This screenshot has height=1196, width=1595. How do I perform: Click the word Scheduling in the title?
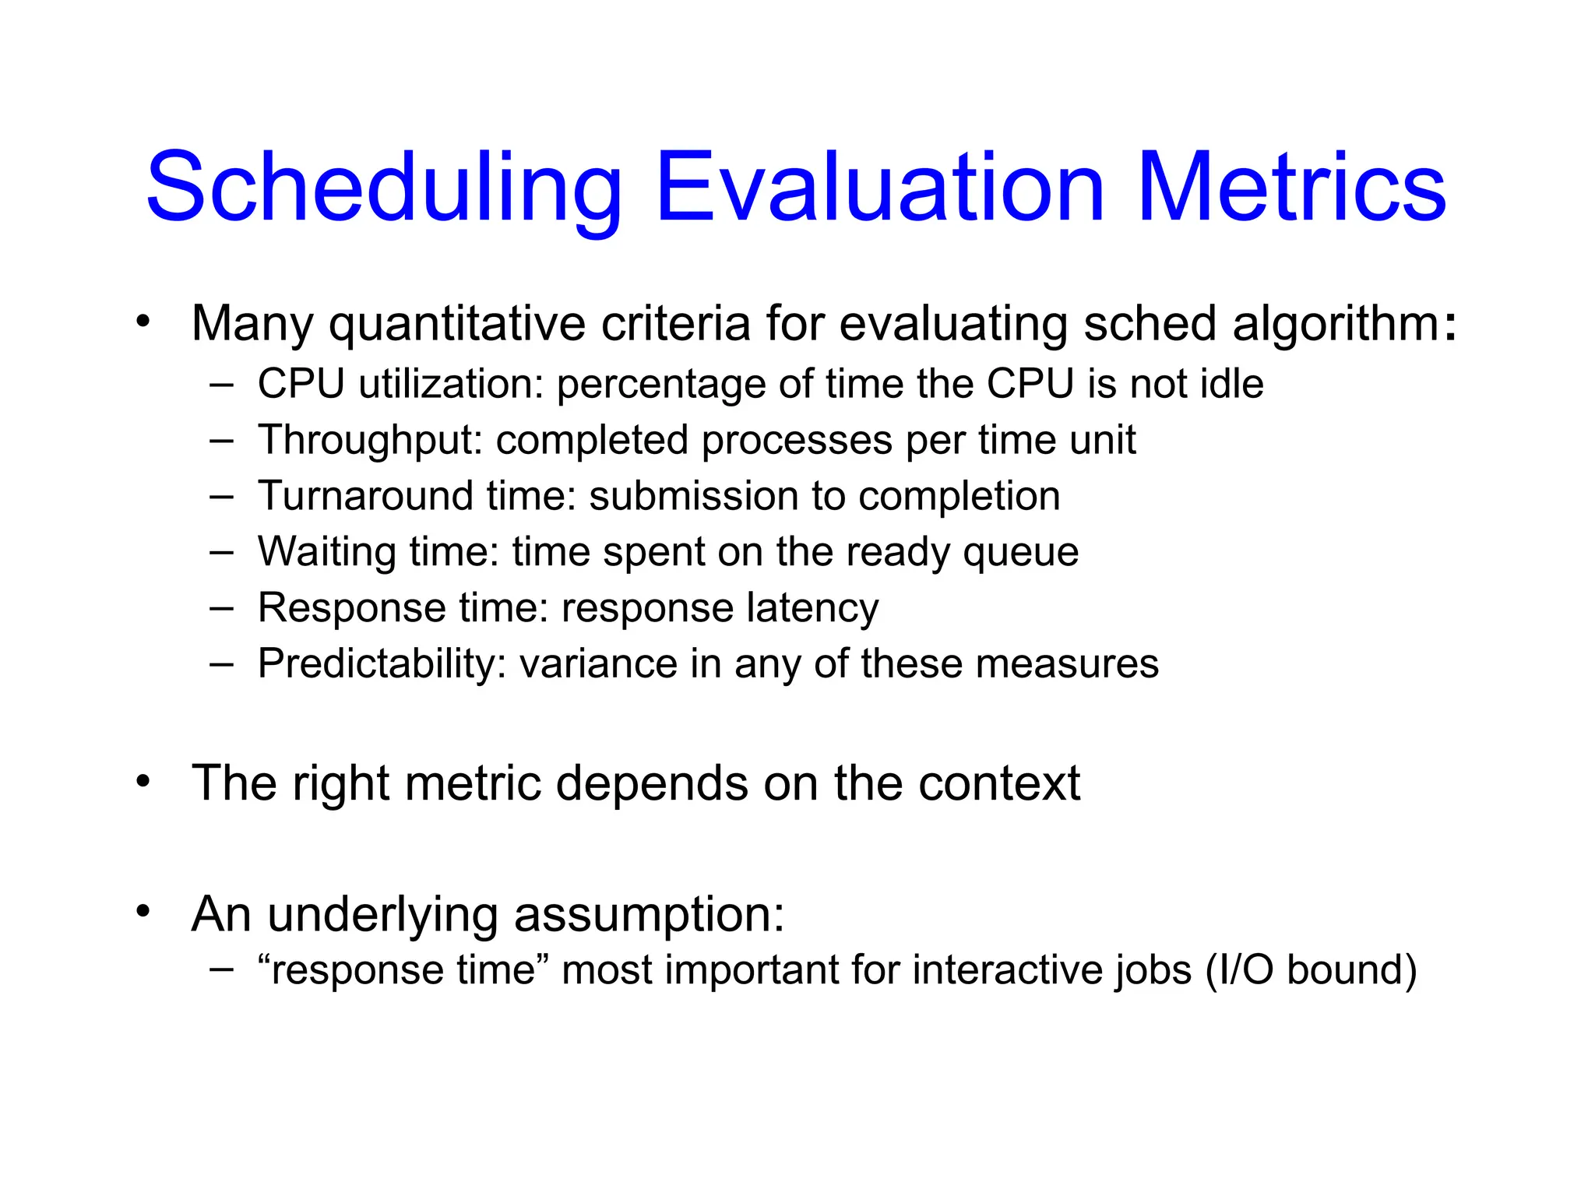384,188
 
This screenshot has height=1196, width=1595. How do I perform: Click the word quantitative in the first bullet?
457,323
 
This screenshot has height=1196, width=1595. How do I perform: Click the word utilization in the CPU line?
450,384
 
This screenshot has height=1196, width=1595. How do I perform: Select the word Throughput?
371,440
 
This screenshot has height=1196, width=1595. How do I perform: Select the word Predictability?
382,664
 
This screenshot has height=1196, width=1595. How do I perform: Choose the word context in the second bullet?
998,783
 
